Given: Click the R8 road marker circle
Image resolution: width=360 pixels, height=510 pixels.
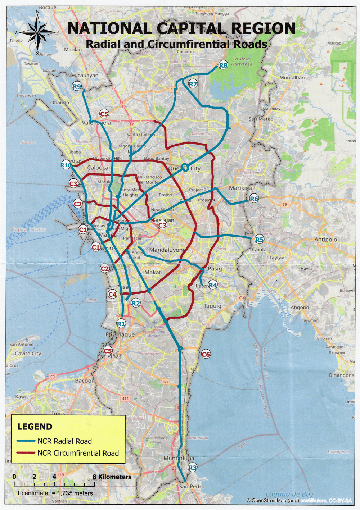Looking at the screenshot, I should tap(223, 65).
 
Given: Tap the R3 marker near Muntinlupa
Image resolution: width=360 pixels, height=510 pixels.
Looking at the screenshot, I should tap(193, 468).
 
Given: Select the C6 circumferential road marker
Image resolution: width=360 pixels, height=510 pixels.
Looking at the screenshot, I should tap(206, 354).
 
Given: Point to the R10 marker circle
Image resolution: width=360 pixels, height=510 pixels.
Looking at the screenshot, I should tap(66, 165).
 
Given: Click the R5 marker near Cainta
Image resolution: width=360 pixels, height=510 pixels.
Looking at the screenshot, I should tap(259, 240).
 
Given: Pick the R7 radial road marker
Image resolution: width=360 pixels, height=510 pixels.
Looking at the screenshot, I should tap(193, 84).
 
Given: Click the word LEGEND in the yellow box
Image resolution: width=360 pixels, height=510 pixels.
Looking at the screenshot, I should tap(35, 427).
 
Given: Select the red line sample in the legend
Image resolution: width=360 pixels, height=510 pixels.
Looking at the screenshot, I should tap(26, 453).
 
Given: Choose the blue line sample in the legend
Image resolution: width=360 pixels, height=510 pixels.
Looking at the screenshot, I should tap(26, 441).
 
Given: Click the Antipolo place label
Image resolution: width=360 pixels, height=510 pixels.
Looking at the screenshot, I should tap(326, 240).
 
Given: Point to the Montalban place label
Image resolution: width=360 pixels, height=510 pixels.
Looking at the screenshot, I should tap(292, 78).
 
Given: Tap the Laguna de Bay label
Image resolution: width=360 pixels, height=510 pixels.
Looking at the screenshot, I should tap(289, 494).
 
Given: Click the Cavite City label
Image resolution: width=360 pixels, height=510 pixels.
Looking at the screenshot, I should tap(28, 354).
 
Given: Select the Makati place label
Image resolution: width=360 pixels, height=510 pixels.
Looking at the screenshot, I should tap(153, 273).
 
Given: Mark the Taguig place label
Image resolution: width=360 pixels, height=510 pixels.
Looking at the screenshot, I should tap(212, 306).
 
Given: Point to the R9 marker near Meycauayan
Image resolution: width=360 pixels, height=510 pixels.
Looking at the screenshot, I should tap(77, 86).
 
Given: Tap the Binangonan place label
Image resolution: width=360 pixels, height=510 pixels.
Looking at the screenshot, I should tap(341, 375).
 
